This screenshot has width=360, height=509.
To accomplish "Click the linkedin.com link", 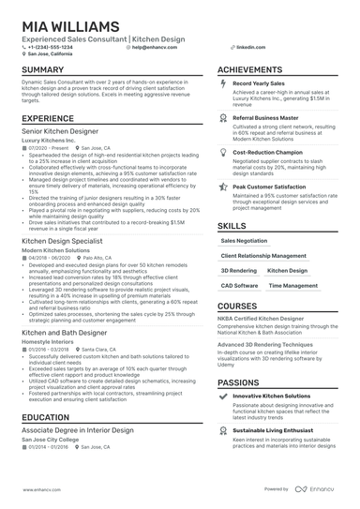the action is [x=247, y=46].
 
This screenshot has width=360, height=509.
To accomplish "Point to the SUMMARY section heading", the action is [x=43, y=70].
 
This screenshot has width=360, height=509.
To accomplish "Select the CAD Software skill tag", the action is [x=240, y=285].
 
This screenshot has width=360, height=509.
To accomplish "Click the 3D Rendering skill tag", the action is [x=238, y=270].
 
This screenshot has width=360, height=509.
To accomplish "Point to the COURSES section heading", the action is [x=236, y=307].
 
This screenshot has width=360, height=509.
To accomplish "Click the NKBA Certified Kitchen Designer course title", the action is [x=269, y=321].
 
